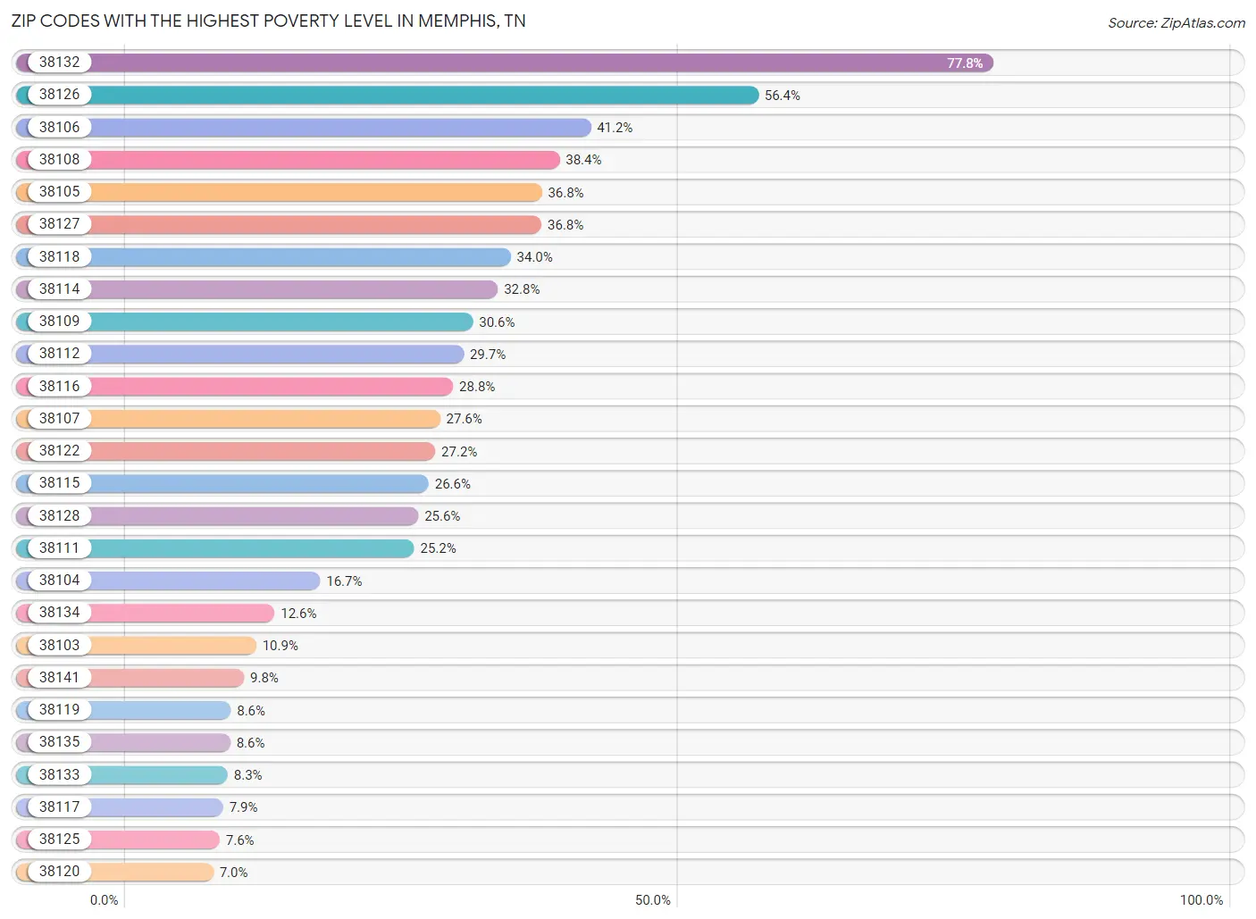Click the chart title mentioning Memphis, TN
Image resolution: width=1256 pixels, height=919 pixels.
point(268,21)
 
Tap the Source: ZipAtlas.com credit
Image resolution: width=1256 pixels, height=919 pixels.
point(1176,23)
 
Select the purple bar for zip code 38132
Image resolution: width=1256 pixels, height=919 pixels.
point(536,63)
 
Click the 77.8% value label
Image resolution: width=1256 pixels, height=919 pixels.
point(964,63)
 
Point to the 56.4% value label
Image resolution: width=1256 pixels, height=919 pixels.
point(782,96)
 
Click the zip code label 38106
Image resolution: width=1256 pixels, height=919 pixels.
point(59,127)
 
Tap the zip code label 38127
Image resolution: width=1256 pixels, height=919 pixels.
point(59,224)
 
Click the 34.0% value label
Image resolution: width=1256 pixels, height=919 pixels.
point(534,257)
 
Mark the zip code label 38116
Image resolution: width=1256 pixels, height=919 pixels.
point(59,386)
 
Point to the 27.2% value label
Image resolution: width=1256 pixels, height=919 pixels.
point(458,452)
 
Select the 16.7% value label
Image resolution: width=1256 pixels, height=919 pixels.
point(344,581)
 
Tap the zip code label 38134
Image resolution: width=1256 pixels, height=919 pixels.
point(59,613)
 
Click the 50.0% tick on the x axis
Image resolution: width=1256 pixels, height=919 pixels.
point(652,900)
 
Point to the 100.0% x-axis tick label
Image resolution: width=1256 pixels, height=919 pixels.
point(1201,900)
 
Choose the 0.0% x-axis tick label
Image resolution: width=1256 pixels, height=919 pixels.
point(104,900)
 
